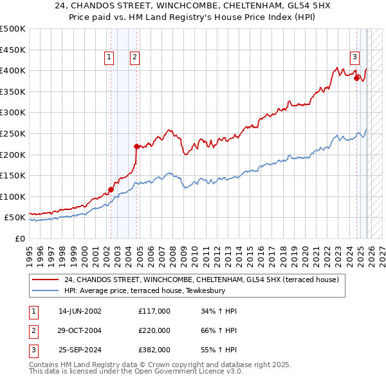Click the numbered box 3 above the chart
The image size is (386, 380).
pos(354,57)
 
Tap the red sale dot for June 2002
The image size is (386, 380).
pos(111,189)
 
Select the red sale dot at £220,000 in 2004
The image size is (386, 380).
pos(136,146)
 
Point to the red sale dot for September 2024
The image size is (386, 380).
pos(357,78)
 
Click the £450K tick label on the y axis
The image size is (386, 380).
pos(13,50)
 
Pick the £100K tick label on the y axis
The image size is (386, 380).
pos(13,196)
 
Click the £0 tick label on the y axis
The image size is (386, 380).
pos(19,238)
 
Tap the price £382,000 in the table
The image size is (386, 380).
pos(154,350)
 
